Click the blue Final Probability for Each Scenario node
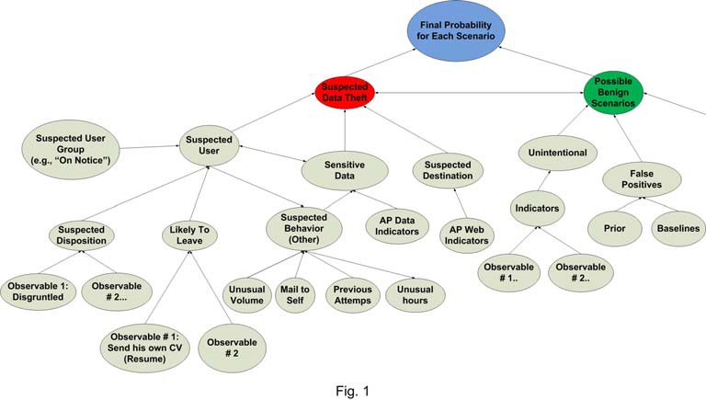[457, 29]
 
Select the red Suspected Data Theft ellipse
[345, 93]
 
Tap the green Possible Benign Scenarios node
[613, 92]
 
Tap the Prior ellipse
[615, 228]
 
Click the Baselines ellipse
[678, 228]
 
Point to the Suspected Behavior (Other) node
[302, 227]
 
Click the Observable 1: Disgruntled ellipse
[40, 291]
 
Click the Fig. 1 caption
[352, 392]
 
